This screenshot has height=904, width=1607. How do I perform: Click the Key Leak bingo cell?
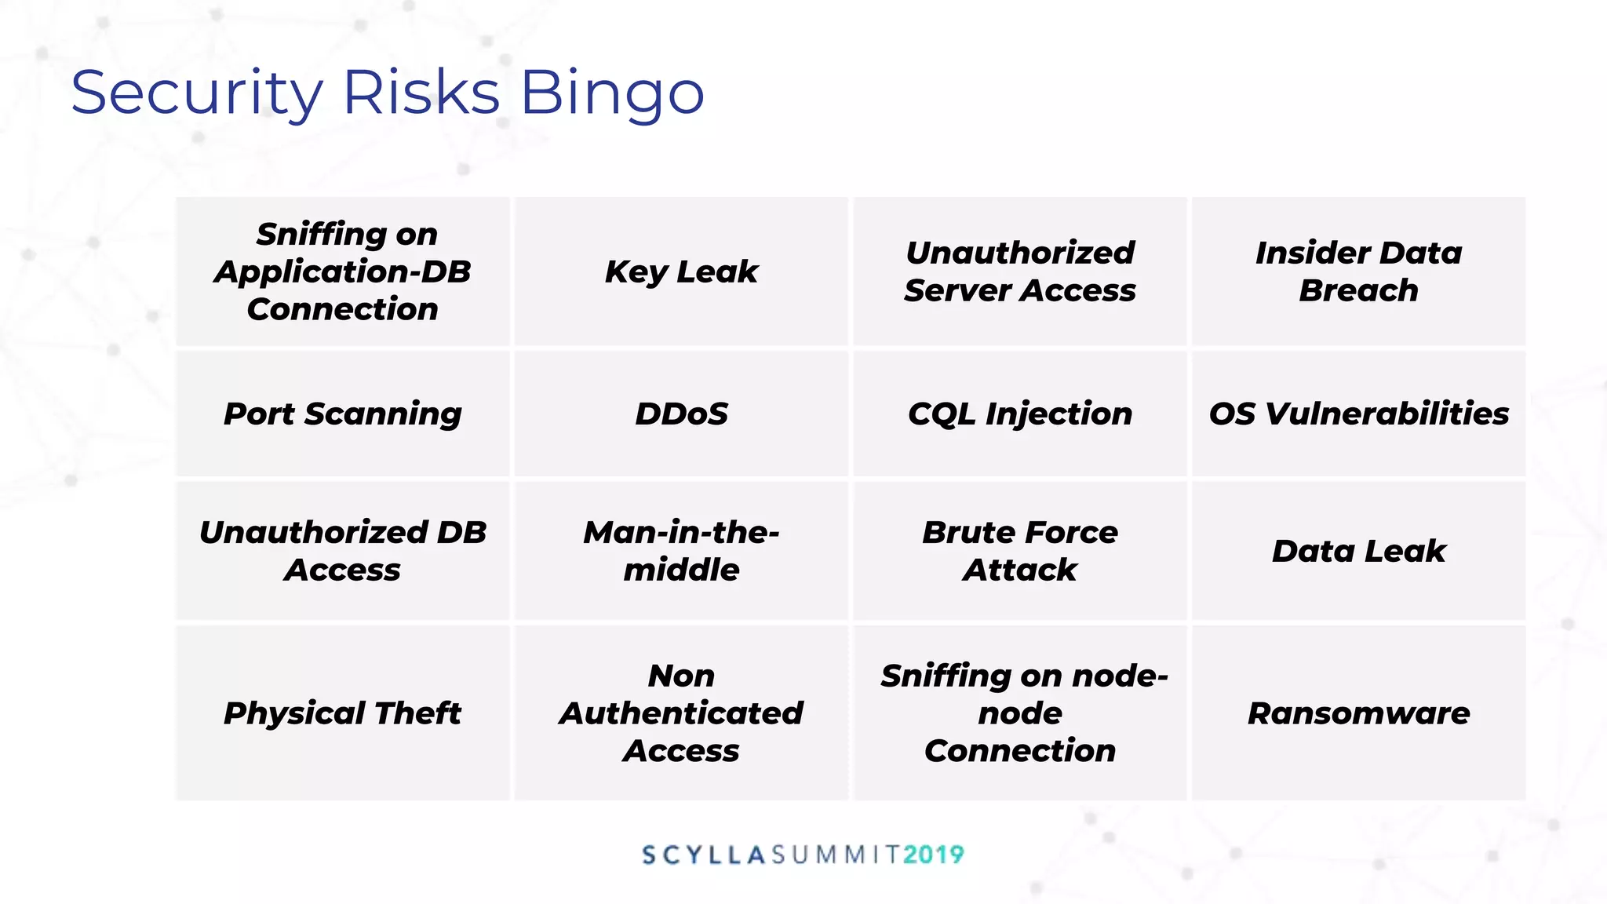coord(681,272)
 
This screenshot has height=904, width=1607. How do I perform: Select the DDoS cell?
coord(681,414)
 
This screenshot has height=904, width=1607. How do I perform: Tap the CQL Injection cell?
coord(1020,414)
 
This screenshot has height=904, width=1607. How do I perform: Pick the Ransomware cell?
coord(1358,713)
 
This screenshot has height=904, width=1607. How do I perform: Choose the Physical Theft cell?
coord(342,713)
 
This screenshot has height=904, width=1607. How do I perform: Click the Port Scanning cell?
coord(342,414)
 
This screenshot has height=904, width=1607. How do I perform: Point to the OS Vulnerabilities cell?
coord(1358,414)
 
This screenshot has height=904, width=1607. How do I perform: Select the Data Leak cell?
coord(1358,551)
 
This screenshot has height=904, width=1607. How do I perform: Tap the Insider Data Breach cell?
coord(1358,272)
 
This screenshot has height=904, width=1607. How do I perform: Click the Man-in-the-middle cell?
coord(681,551)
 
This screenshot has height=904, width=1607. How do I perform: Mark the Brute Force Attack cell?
coord(1020,551)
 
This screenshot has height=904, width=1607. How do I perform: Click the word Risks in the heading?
coord(421,93)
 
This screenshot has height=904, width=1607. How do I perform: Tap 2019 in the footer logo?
coord(933,855)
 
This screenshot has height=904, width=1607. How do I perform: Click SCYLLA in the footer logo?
coord(703,855)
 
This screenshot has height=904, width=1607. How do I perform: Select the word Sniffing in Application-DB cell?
coord(321,234)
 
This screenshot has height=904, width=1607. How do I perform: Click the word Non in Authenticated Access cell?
coord(681,676)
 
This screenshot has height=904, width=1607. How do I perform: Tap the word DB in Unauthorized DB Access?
coord(461,532)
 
